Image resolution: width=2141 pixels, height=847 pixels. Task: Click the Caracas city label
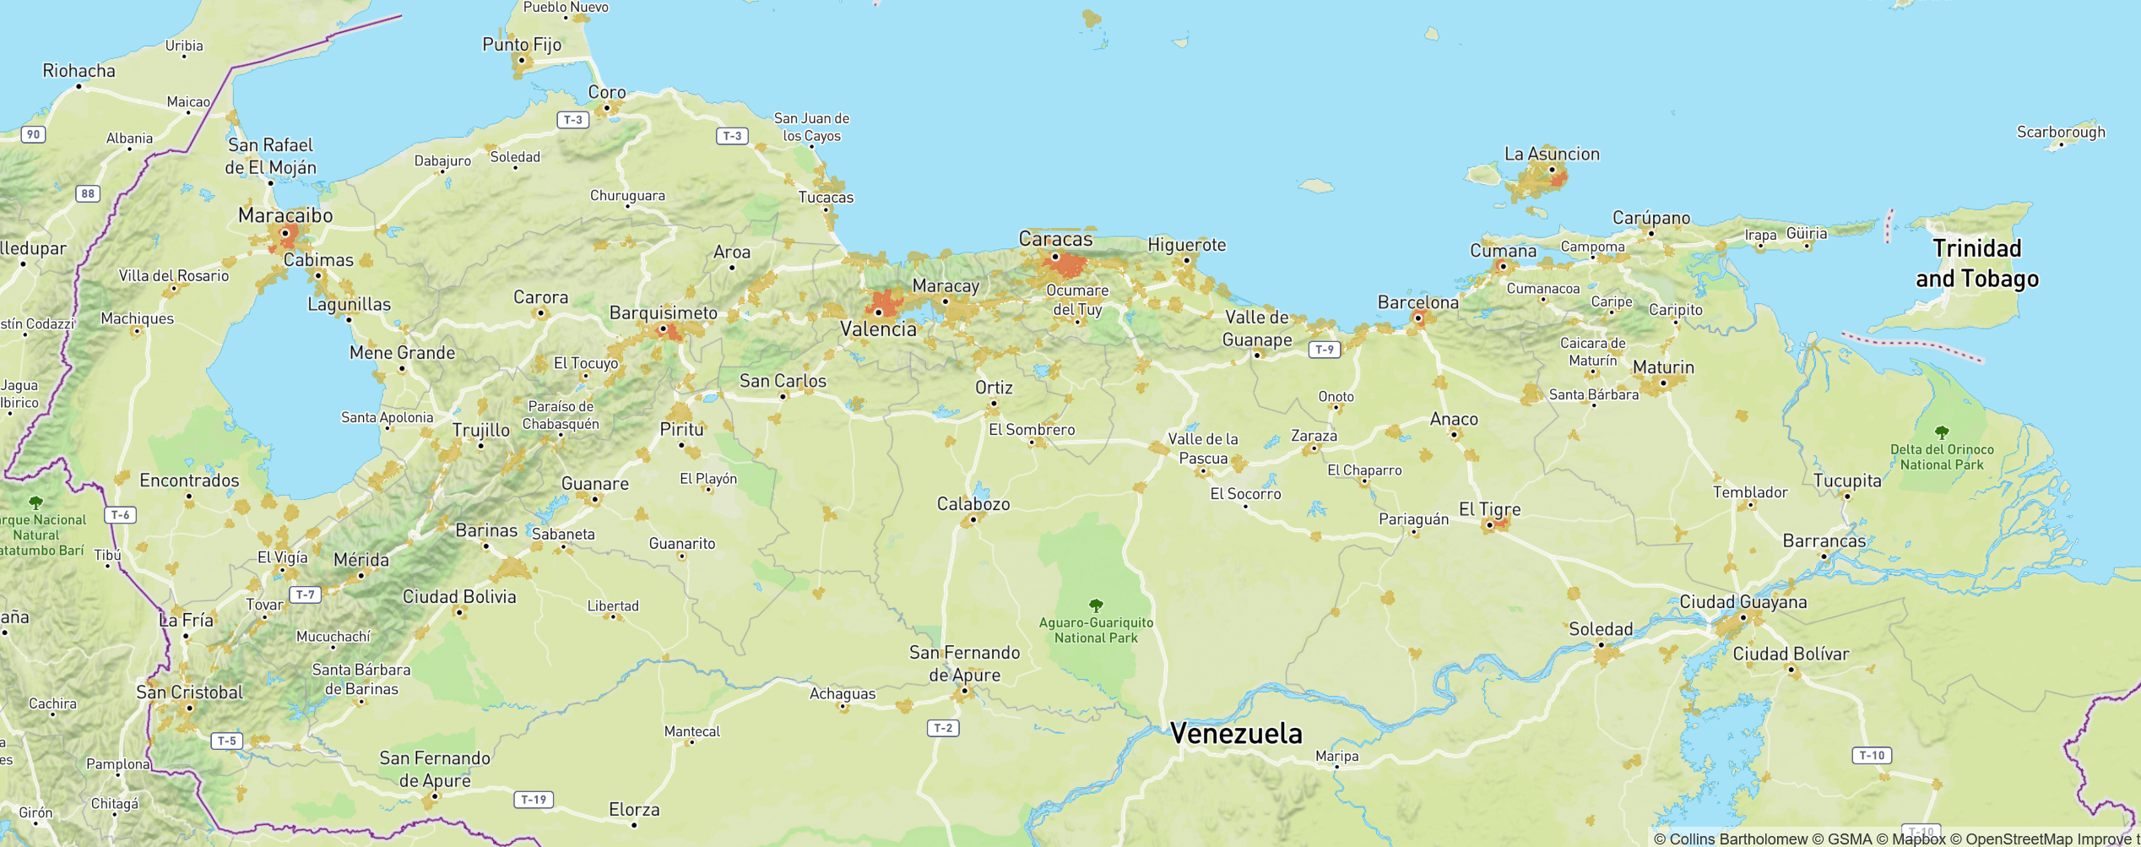click(1055, 239)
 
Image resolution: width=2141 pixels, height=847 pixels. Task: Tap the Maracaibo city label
click(285, 215)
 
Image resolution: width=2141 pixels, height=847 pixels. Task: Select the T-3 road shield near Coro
click(572, 120)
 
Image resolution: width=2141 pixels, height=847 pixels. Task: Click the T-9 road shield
click(1324, 350)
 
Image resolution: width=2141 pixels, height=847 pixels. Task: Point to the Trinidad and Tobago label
click(1976, 263)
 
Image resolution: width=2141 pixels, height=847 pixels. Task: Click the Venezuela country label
click(1236, 733)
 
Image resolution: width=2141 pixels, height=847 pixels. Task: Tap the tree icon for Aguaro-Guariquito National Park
click(1096, 605)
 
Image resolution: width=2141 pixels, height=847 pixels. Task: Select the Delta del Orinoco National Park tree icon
click(1942, 432)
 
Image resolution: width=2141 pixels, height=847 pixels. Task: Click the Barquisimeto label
click(664, 312)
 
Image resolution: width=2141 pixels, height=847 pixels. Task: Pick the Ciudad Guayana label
click(1743, 602)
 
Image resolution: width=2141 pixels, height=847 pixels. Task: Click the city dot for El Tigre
click(1490, 525)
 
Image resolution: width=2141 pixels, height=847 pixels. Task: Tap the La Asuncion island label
click(1552, 154)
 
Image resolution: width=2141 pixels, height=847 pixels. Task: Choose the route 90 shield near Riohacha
click(33, 134)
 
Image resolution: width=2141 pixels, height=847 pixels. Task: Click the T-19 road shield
click(533, 799)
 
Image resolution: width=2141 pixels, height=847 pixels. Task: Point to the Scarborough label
click(2061, 132)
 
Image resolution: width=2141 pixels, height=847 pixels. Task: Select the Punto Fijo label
click(522, 45)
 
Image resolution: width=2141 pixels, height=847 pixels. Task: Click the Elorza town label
click(634, 809)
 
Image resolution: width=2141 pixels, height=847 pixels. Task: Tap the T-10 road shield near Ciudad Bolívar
click(1872, 755)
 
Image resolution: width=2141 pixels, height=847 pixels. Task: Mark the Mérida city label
click(361, 559)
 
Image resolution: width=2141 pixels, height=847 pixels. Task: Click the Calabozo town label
click(973, 504)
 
